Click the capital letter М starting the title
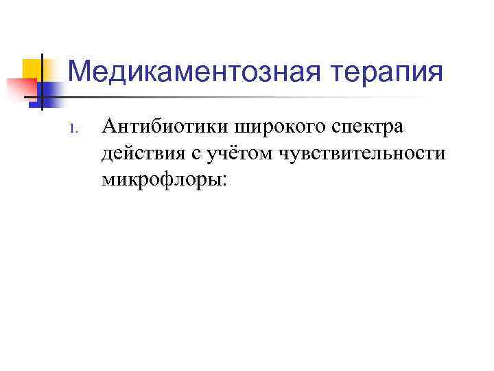(80, 71)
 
